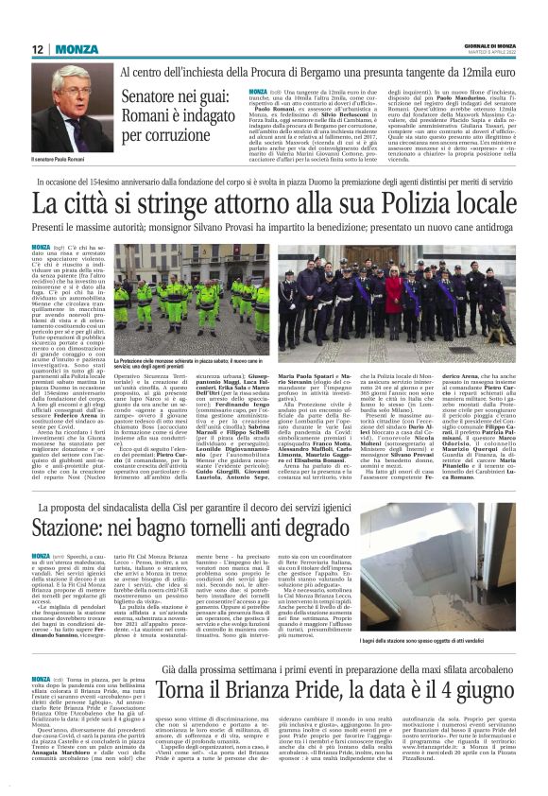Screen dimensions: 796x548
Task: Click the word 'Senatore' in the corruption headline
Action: click(154, 97)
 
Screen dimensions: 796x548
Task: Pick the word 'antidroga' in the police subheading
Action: click(488, 228)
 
